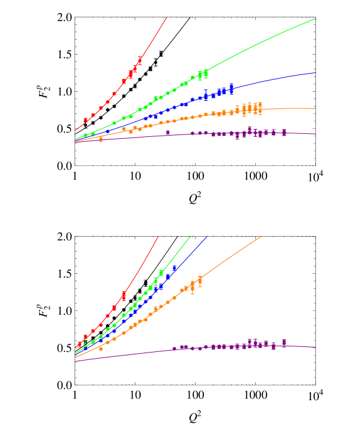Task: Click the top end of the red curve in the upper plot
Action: (x=167, y=17)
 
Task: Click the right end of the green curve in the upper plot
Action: (x=315, y=19)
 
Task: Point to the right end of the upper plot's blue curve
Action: (x=315, y=72)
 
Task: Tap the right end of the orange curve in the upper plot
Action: (x=315, y=108)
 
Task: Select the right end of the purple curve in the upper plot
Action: (x=315, y=134)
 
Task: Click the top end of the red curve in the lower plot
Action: (x=159, y=236)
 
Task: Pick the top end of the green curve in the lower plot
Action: (x=190, y=236)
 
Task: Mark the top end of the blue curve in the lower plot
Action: (x=208, y=236)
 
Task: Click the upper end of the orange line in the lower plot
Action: (x=262, y=236)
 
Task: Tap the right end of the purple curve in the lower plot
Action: (x=315, y=347)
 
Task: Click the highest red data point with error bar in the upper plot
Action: (x=139, y=61)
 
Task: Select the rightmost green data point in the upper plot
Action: (x=206, y=73)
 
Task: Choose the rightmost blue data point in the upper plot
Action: (x=232, y=88)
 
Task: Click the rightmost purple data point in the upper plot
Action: (x=284, y=132)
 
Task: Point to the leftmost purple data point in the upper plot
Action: (x=168, y=132)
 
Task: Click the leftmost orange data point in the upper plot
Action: (x=101, y=139)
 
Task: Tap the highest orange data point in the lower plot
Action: (x=200, y=281)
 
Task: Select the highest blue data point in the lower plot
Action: (x=175, y=268)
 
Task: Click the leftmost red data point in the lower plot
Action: (x=79, y=344)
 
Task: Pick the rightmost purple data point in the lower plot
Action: (x=284, y=343)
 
